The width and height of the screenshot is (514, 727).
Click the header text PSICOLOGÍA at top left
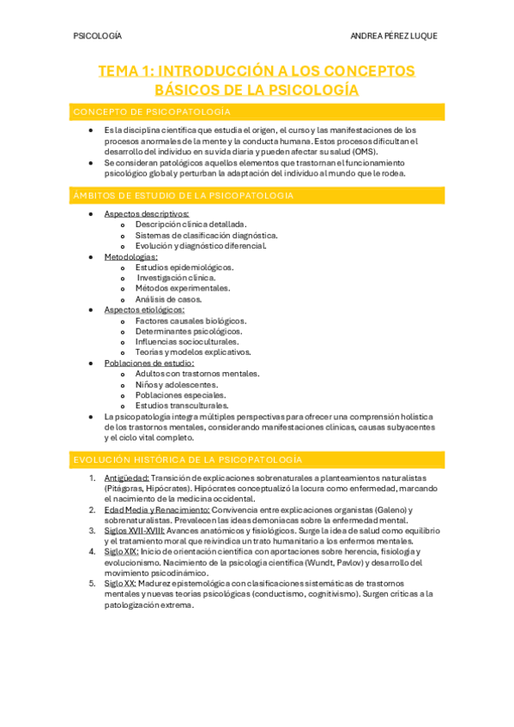pyautogui.click(x=98, y=36)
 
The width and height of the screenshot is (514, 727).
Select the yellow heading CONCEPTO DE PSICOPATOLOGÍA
pyautogui.click(x=151, y=111)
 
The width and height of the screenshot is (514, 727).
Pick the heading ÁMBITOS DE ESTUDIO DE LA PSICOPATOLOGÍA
pyautogui.click(x=184, y=196)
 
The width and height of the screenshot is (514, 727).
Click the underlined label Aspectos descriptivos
pyautogui.click(x=147, y=213)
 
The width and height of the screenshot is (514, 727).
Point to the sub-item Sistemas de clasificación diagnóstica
pyautogui.click(x=206, y=235)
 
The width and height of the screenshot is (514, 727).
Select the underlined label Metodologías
pyautogui.click(x=130, y=256)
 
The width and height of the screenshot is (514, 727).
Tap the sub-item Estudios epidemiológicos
pyautogui.click(x=184, y=267)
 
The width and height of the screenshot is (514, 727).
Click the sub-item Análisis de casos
pyautogui.click(x=169, y=299)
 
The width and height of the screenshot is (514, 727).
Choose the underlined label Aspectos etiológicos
pyautogui.click(x=144, y=309)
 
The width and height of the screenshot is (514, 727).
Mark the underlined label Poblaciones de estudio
pyautogui.click(x=148, y=363)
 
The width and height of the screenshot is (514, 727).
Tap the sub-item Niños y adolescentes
pyautogui.click(x=177, y=384)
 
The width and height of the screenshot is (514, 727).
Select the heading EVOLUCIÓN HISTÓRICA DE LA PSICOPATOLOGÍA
pyautogui.click(x=187, y=460)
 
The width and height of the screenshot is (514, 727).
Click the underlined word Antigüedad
pyautogui.click(x=126, y=478)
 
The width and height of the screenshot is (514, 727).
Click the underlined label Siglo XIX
pyautogui.click(x=121, y=551)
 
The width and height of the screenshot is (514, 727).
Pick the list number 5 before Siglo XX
pyautogui.click(x=93, y=583)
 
